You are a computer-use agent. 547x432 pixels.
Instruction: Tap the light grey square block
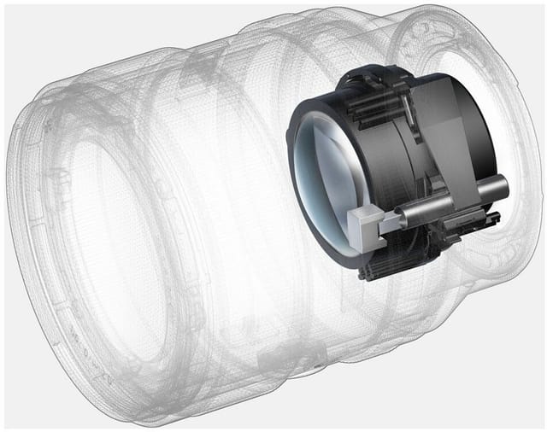pyautogui.click(x=365, y=226)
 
